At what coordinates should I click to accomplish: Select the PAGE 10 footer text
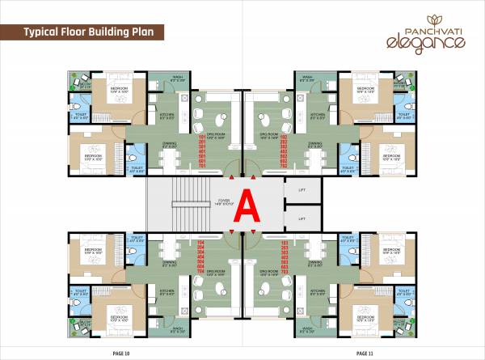coord(123,354)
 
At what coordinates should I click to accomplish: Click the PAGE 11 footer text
coord(365,354)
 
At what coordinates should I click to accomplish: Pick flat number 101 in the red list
coord(226,138)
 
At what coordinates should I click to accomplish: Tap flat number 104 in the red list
coord(226,241)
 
